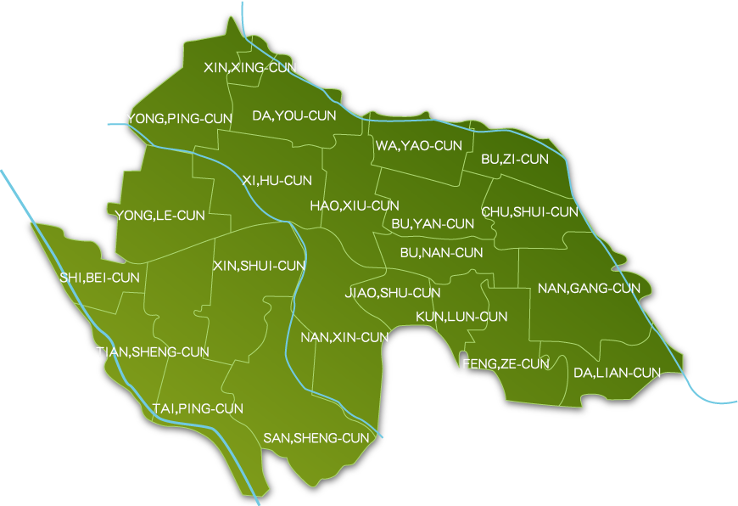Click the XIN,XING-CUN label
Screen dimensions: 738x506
coord(250,67)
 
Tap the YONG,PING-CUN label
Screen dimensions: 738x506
coord(178,118)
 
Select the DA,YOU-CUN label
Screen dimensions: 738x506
coord(294,115)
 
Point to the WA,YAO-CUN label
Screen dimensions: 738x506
coord(419,146)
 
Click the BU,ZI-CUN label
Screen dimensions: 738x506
coord(515,159)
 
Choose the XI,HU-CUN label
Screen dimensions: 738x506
coord(277,180)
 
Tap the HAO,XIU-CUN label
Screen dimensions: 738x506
coord(355,205)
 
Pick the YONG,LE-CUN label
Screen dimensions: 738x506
coord(161,216)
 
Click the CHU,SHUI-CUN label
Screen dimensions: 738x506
coord(530,211)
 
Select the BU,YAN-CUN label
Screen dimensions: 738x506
coord(433,224)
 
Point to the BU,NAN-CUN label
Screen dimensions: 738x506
coord(441,252)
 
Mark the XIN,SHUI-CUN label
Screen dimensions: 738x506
coord(259,266)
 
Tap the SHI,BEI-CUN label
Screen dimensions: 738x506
coord(99,277)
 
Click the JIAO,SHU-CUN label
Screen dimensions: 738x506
coord(393,293)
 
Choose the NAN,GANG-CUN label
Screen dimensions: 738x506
coord(589,289)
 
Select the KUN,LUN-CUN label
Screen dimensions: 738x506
coord(461,317)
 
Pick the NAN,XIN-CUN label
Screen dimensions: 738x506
coord(344,337)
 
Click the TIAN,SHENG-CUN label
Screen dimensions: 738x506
coord(153,351)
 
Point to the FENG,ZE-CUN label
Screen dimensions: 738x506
coord(506,363)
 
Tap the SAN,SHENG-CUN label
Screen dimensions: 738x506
coord(316,438)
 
